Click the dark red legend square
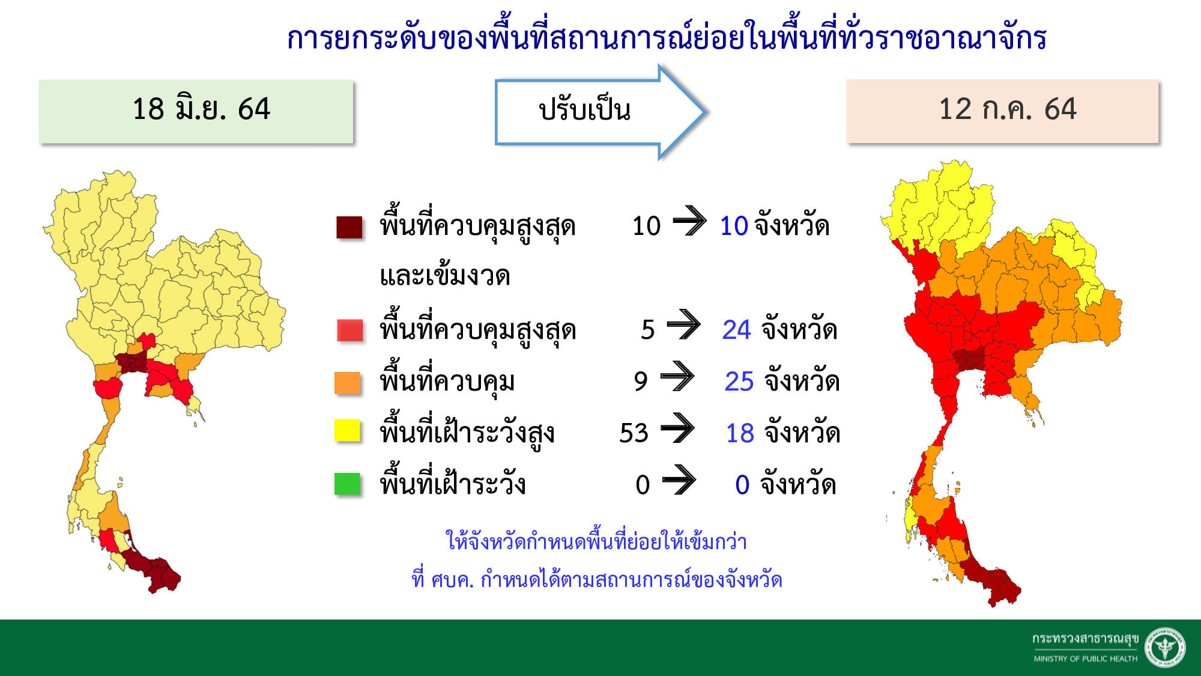(349, 227)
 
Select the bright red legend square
(350, 330)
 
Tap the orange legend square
(348, 382)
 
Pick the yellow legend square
(348, 430)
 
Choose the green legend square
(348, 484)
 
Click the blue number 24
(736, 330)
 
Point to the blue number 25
(739, 382)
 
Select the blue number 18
(740, 433)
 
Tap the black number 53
(634, 433)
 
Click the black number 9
(641, 382)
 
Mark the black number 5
(648, 330)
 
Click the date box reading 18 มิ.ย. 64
(196, 111)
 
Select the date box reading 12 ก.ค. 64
(1002, 111)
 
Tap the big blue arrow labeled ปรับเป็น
(600, 112)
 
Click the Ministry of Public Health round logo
(1165, 648)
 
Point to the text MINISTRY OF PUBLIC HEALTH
(1085, 659)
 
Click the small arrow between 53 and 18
(677, 428)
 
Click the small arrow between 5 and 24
(683, 325)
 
